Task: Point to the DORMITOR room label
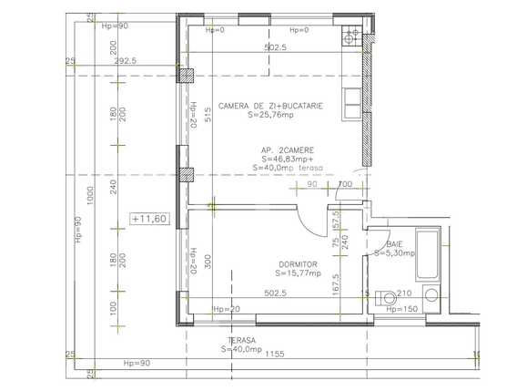coord(298,264)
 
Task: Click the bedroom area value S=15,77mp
coord(299,273)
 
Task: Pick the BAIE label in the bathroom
coord(393,245)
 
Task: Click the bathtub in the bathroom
coord(426,255)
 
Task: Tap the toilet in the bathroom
coord(383,294)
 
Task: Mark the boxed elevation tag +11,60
coord(147,219)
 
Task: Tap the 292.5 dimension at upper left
coord(127,60)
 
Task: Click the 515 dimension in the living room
coord(208,114)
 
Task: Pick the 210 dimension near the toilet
coord(404,293)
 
